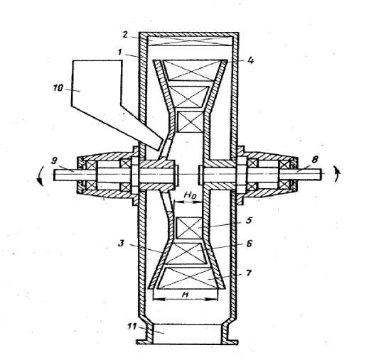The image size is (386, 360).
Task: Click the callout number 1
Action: [120, 53]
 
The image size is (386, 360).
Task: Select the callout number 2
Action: [125, 35]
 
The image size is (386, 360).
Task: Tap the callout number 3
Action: [122, 244]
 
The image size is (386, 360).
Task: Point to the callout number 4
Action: [250, 60]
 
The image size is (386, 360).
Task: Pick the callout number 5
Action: [249, 220]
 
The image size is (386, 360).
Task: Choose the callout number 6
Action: [249, 244]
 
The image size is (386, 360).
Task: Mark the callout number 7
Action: [248, 273]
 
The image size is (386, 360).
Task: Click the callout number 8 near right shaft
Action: [315, 160]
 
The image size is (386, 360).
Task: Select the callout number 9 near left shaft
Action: [54, 160]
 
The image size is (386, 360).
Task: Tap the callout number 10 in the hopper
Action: [58, 88]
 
